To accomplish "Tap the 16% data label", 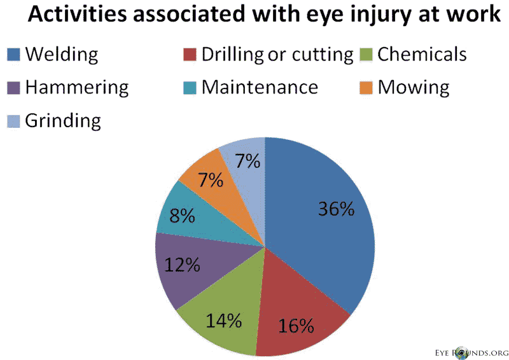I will (296, 326).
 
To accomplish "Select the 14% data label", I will (223, 320).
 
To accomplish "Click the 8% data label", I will (182, 216).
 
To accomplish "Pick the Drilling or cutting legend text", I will (277, 55).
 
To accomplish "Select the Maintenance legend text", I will (259, 87).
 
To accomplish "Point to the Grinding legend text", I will (63, 121).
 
